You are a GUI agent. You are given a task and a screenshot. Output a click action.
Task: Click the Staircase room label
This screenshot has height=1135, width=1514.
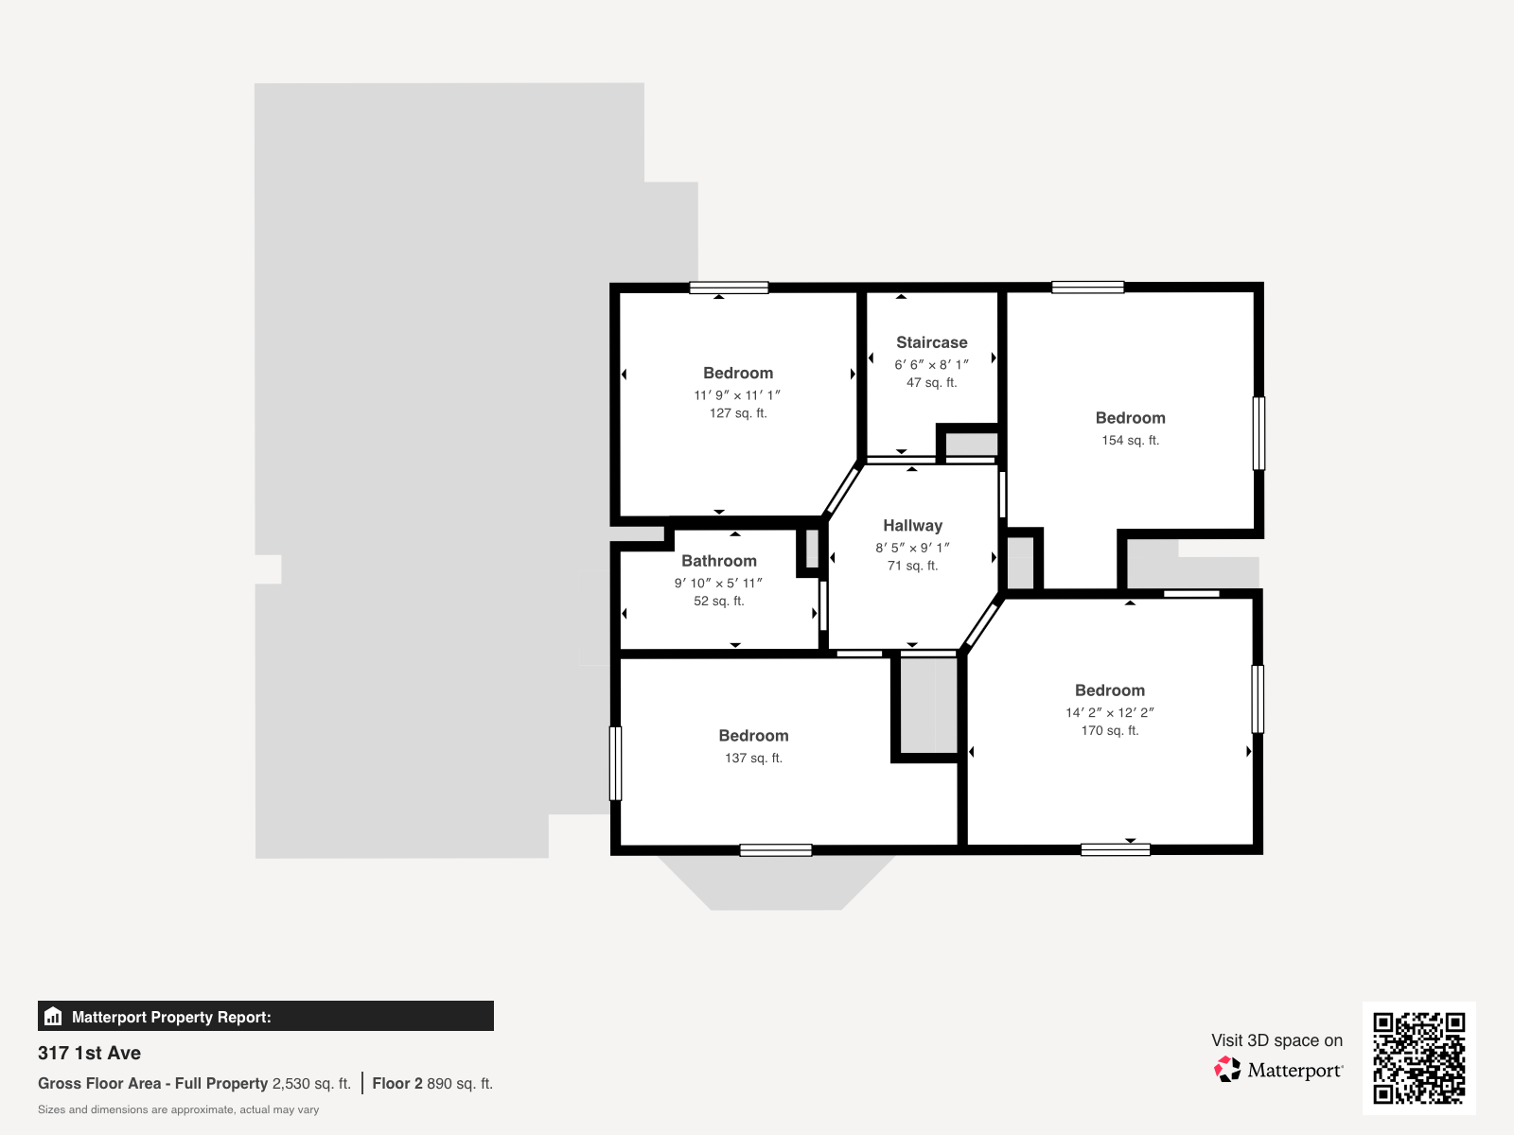click(931, 342)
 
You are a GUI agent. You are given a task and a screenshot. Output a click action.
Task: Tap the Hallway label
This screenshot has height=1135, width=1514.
click(912, 526)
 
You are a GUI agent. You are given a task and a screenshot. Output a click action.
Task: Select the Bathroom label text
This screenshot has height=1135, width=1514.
click(719, 561)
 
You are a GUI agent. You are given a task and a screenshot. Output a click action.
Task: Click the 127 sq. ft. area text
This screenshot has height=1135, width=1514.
click(738, 413)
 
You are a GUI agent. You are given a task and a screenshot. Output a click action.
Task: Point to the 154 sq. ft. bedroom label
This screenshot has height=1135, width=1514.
click(1131, 418)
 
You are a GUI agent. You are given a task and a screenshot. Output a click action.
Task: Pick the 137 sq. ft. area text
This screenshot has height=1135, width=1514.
click(753, 758)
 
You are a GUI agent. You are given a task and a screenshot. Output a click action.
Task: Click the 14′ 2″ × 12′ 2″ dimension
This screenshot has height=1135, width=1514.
click(1109, 712)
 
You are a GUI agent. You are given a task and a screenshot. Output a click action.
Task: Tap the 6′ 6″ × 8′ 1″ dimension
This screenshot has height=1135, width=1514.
click(931, 364)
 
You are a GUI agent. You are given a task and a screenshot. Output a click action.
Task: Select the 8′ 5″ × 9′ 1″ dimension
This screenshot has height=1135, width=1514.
click(912, 548)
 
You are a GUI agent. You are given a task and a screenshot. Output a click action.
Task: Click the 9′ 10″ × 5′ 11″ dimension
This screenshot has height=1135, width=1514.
click(718, 583)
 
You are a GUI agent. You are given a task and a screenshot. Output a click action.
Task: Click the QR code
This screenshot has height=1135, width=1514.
click(1418, 1057)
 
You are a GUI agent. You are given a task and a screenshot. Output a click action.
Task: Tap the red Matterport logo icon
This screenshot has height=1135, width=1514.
click(1227, 1070)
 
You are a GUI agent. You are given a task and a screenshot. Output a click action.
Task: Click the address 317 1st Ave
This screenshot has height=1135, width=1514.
click(89, 1053)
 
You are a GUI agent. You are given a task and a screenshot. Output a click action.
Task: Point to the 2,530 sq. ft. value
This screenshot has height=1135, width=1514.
click(311, 1083)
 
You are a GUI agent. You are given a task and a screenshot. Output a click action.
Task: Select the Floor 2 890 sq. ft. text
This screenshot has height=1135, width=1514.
click(432, 1083)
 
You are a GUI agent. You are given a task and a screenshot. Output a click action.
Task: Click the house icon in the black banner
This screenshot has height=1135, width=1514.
click(53, 1017)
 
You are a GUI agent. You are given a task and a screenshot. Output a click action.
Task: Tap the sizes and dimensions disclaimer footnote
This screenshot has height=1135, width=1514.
click(178, 1109)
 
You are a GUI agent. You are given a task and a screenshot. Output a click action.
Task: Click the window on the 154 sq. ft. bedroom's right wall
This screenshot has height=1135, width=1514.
click(1259, 433)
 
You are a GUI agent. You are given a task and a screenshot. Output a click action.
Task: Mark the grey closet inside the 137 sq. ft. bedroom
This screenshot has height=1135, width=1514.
click(928, 705)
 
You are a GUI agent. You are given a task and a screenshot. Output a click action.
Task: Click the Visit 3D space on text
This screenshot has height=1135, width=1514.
click(1276, 1040)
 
